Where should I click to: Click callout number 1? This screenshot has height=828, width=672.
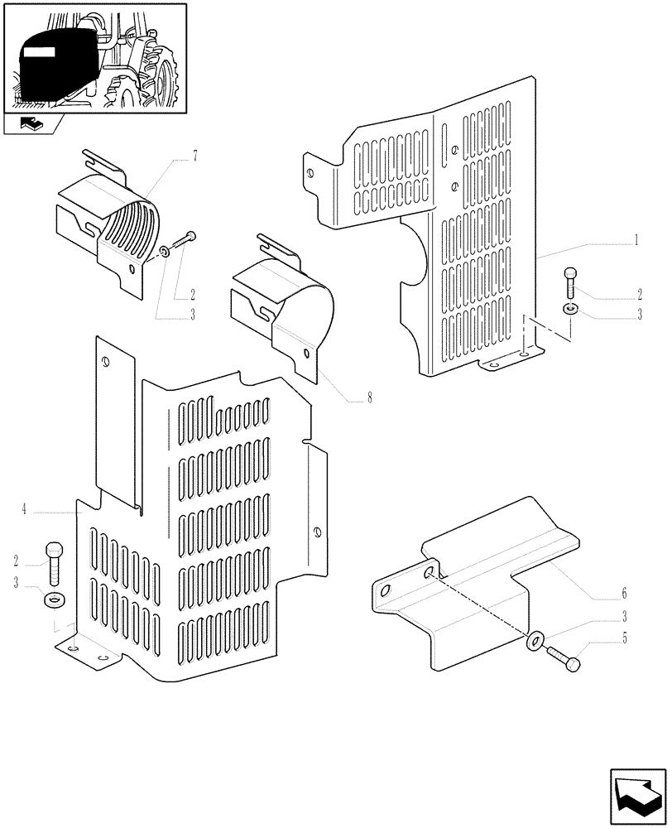tap(635, 241)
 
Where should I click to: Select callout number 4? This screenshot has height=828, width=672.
tap(25, 511)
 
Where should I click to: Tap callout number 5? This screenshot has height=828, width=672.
tap(624, 638)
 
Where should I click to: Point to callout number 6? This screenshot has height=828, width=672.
tap(624, 594)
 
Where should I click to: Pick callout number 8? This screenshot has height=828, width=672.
tap(369, 398)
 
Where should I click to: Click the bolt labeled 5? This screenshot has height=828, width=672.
tap(568, 660)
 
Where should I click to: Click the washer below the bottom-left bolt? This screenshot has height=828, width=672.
tap(54, 599)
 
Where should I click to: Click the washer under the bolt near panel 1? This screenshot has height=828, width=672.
tap(569, 309)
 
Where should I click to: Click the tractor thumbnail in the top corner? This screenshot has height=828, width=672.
tap(95, 58)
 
